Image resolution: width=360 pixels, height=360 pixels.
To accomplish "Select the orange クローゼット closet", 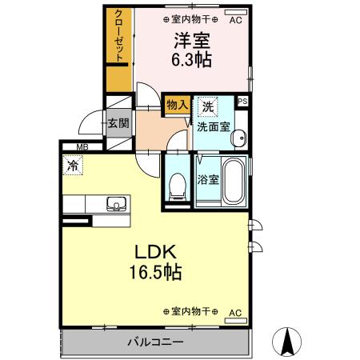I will [119, 48].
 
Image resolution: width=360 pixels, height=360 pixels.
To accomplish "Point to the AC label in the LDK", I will [235, 312].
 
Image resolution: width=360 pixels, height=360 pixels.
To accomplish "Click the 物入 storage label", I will [177, 104].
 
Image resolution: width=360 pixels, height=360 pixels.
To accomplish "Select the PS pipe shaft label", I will [243, 101].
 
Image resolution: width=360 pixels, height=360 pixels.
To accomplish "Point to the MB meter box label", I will [82, 147].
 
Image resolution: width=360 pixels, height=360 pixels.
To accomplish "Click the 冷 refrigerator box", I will [72, 168].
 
